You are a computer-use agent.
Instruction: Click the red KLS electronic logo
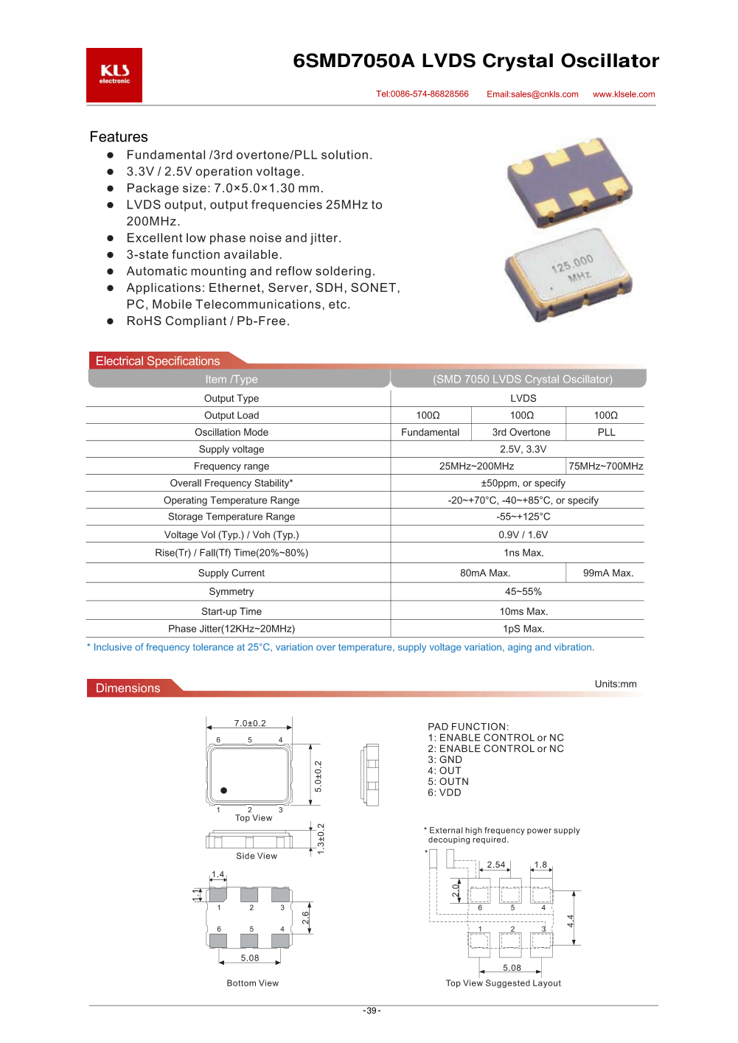[114, 74]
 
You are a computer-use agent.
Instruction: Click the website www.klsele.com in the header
[624, 94]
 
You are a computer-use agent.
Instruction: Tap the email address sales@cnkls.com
[532, 94]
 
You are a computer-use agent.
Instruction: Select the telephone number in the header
[422, 94]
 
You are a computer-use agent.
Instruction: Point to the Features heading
[119, 137]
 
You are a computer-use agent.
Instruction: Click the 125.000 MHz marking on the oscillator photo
[573, 268]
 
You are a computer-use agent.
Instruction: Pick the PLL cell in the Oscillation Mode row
[606, 433]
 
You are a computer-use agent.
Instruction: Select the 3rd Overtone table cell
[521, 433]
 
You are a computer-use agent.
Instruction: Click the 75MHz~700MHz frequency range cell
[606, 467]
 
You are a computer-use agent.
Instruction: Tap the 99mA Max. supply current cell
[608, 573]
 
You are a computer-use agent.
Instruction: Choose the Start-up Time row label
[232, 612]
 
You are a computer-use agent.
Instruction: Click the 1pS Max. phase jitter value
[523, 629]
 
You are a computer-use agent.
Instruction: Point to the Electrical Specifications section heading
[158, 361]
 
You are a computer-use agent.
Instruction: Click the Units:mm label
[616, 684]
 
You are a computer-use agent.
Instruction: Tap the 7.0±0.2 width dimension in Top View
[250, 724]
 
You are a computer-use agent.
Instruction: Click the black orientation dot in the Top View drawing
[223, 790]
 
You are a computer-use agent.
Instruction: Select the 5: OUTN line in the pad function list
[448, 782]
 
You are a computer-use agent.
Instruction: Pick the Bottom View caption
[253, 983]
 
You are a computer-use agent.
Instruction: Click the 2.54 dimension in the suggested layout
[496, 865]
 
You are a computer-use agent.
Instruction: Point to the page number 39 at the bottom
[372, 1011]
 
